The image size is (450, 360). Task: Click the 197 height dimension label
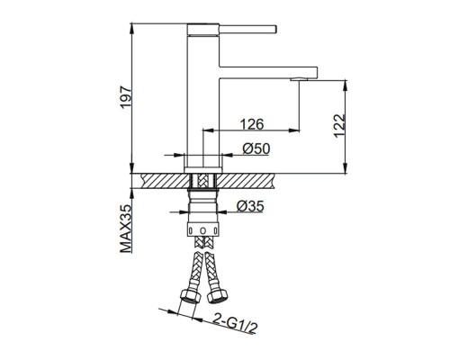coord(126,97)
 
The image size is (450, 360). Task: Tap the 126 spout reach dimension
coord(252,124)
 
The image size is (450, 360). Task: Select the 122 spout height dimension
coord(339,125)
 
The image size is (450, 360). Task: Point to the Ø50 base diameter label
coord(256,148)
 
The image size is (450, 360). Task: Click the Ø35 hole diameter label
coord(250,206)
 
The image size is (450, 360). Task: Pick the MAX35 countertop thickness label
coord(126,229)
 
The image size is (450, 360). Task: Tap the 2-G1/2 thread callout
coord(235,323)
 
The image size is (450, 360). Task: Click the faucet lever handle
coord(247,29)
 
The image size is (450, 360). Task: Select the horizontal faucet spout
coord(268,73)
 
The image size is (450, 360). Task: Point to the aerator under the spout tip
coord(299,79)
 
